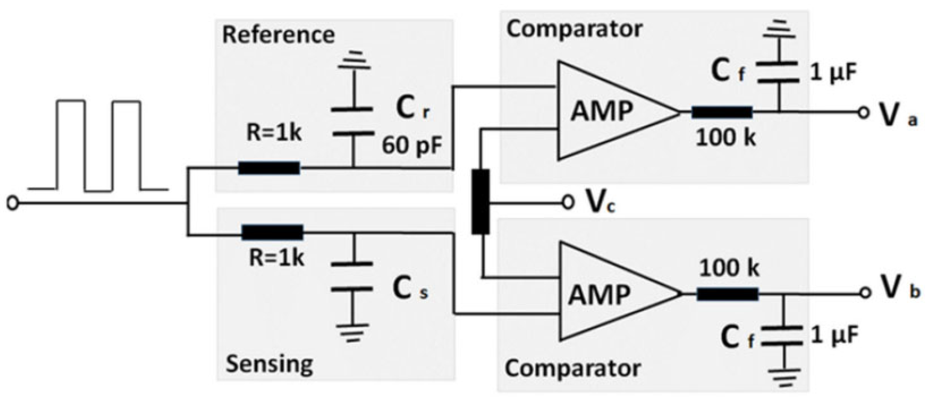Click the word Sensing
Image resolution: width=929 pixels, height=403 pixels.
click(x=269, y=364)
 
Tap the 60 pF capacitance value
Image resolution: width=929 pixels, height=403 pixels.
click(x=412, y=146)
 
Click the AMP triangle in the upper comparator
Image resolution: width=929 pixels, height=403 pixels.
click(x=606, y=111)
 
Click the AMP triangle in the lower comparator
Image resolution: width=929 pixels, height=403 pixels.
click(x=606, y=293)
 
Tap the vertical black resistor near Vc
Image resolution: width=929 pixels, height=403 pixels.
click(x=481, y=201)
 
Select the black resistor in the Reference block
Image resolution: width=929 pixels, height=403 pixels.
click(x=269, y=168)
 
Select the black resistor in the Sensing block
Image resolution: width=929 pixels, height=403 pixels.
click(x=272, y=233)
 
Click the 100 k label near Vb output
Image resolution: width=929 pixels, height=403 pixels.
click(x=729, y=269)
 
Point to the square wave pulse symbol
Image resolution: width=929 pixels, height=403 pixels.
click(x=98, y=146)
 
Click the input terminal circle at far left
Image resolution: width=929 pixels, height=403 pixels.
click(x=13, y=203)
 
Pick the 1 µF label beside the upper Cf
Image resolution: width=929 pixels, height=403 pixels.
click(x=833, y=73)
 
